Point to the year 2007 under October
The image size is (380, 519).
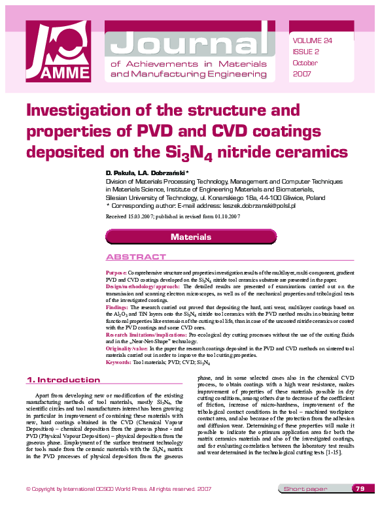pos(303,75)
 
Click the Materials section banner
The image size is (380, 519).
pos(190,237)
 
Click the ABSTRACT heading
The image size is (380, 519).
pos(135,257)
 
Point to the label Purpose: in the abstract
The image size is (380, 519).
pos(116,271)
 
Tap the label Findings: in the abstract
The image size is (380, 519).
pos(117,307)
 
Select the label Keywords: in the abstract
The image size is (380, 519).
pos(118,361)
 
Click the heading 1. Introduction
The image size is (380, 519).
pos(63,380)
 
